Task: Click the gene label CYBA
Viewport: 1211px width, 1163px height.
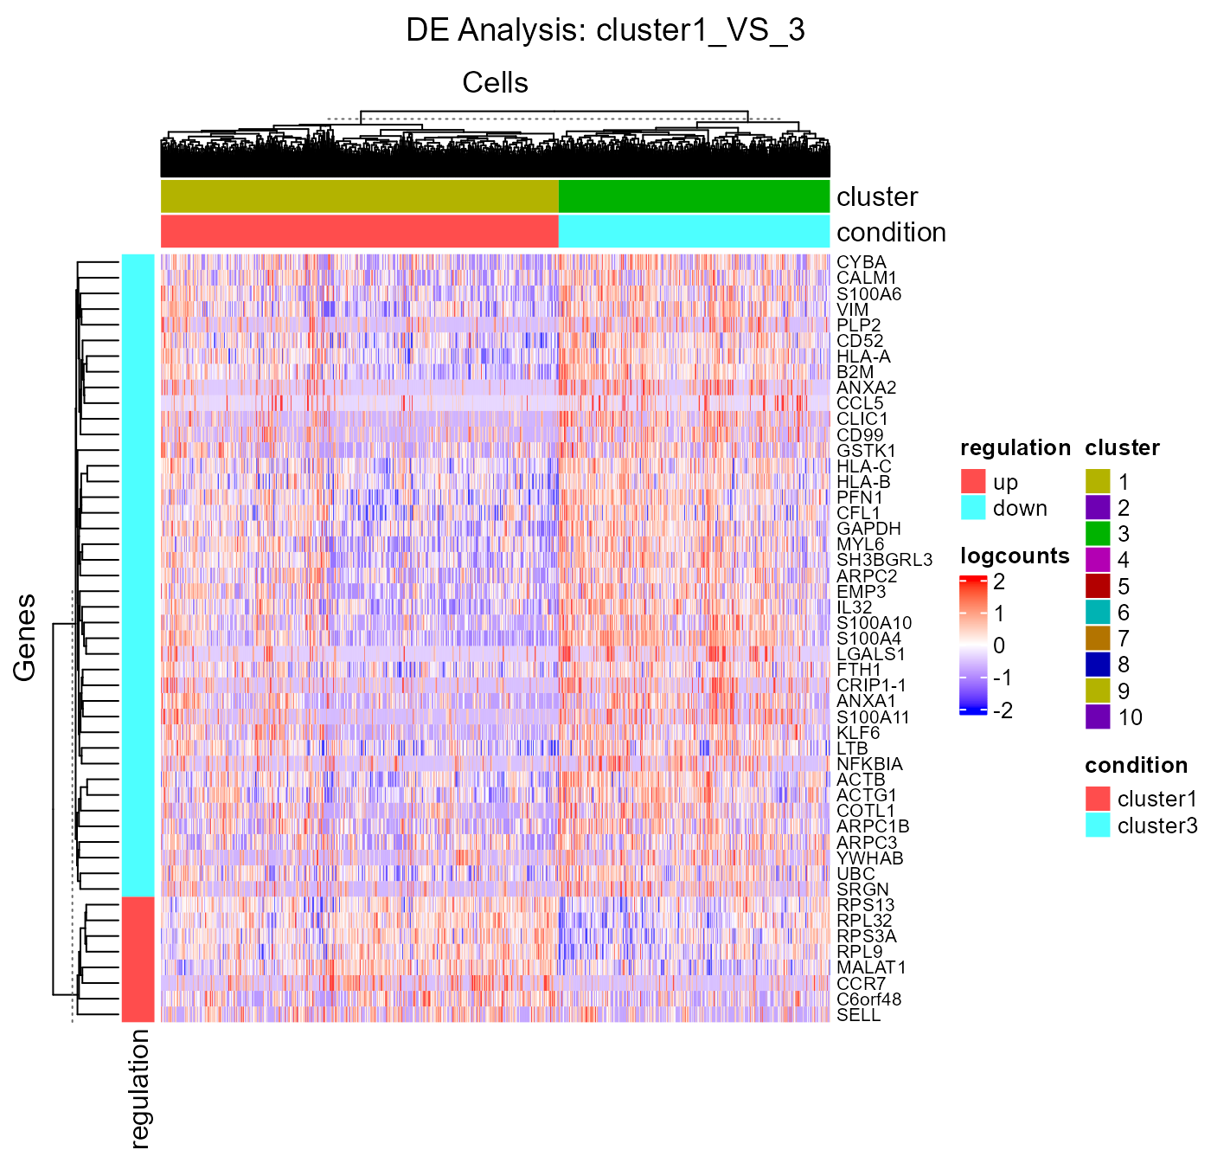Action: pyautogui.click(x=861, y=262)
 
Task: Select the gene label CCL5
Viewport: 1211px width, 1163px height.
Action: pyautogui.click(x=860, y=403)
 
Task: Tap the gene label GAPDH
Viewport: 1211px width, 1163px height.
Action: pyautogui.click(x=868, y=529)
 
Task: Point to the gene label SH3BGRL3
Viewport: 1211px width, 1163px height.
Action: pyautogui.click(x=884, y=560)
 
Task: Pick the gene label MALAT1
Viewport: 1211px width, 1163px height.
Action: pyautogui.click(x=871, y=967)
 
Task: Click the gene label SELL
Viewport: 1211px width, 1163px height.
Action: pyautogui.click(x=858, y=1015)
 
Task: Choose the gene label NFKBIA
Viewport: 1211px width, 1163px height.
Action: pyautogui.click(x=869, y=764)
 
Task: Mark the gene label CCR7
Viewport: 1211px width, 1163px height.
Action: pyautogui.click(x=861, y=984)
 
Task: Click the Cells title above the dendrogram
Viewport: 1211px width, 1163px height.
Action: pyautogui.click(x=495, y=83)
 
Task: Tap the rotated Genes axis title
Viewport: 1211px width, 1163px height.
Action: pyautogui.click(x=24, y=637)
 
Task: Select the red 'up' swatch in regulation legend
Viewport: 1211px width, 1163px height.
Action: pyautogui.click(x=973, y=481)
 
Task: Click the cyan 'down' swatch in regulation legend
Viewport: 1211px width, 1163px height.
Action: pyautogui.click(x=973, y=508)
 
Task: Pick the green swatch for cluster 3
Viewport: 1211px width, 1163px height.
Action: pyautogui.click(x=1098, y=534)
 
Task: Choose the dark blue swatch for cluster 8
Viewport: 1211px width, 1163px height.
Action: pyautogui.click(x=1098, y=665)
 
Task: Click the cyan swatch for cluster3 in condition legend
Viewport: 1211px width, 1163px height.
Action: pyautogui.click(x=1098, y=826)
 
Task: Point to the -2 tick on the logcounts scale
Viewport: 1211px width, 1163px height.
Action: pyautogui.click(x=1003, y=710)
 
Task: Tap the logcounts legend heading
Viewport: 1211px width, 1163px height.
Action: pyautogui.click(x=1015, y=556)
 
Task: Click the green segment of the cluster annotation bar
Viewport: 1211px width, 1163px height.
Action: pyautogui.click(x=694, y=196)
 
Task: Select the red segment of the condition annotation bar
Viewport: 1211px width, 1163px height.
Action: pyautogui.click(x=359, y=232)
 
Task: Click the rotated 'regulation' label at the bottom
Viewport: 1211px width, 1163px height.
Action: pyautogui.click(x=139, y=1089)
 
